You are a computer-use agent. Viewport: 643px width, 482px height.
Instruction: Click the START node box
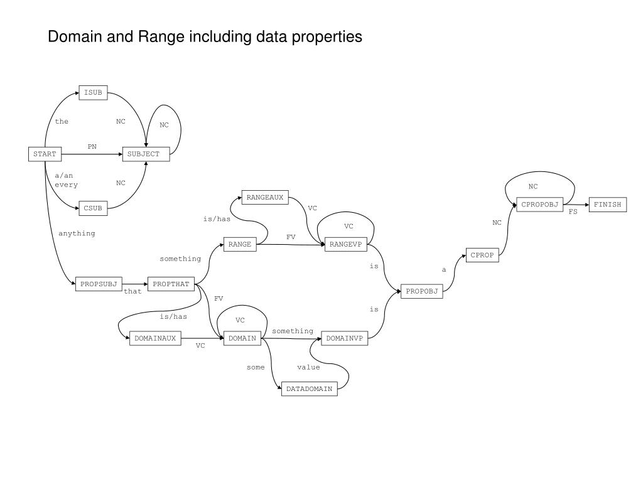click(45, 154)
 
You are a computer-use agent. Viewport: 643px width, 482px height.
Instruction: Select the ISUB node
click(93, 93)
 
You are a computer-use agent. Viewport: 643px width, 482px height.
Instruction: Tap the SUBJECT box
click(146, 154)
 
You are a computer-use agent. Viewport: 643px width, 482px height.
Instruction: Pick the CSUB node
click(93, 208)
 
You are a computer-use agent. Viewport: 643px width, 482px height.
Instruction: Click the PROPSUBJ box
click(99, 284)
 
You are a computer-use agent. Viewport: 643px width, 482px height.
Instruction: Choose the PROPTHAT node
click(171, 284)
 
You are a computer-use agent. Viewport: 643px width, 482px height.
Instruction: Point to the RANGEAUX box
click(265, 198)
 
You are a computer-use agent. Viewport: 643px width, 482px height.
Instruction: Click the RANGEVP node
click(346, 245)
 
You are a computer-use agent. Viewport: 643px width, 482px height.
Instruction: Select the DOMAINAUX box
click(155, 338)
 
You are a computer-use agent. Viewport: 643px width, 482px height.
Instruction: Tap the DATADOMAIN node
click(309, 389)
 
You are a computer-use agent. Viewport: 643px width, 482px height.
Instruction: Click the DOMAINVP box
click(344, 338)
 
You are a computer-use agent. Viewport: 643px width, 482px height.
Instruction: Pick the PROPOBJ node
click(421, 291)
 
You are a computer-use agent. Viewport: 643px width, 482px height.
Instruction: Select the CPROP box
click(483, 255)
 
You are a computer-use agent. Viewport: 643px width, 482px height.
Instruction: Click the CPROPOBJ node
click(539, 205)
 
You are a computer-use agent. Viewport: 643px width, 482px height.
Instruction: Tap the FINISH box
click(607, 205)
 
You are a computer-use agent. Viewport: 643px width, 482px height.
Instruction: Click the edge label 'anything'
click(77, 233)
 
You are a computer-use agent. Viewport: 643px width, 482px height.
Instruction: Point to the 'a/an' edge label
click(64, 176)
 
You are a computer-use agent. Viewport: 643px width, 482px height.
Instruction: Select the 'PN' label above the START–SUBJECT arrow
click(92, 147)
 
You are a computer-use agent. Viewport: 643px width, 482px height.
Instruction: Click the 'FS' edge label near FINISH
click(573, 212)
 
